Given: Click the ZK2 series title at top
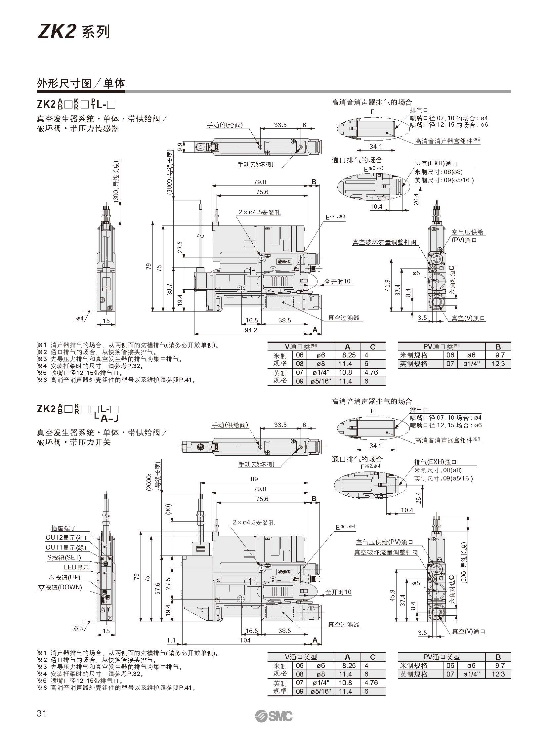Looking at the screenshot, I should [73, 32].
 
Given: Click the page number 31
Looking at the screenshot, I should [41, 713].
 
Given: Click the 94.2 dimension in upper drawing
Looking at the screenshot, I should [251, 330].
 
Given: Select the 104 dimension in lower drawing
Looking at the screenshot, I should [245, 640].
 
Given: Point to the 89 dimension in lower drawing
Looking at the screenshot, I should [254, 479].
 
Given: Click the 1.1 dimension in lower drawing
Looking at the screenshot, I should [171, 640].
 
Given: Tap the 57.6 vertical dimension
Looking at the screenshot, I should [158, 589].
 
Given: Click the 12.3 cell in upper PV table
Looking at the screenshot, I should [498, 363].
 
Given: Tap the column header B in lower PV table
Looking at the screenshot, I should [498, 657].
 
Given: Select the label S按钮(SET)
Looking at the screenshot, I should [64, 557].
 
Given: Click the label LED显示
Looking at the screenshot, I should [76, 567].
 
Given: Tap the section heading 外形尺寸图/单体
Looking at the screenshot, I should [81, 83].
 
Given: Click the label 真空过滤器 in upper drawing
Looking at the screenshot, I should [343, 318].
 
